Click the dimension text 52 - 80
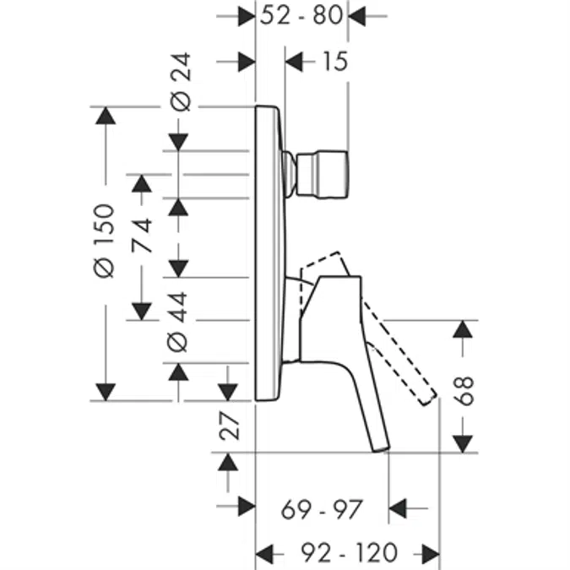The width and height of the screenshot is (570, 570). tap(301, 16)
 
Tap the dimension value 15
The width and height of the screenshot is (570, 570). tap(335, 62)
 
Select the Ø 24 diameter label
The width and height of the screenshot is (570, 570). tap(181, 82)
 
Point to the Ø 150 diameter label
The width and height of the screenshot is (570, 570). tap(105, 241)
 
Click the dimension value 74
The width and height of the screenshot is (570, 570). tap(142, 236)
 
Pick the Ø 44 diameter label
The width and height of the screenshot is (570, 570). tap(177, 322)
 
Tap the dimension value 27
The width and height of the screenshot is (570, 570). tap(229, 426)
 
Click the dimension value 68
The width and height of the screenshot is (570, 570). tap(464, 391)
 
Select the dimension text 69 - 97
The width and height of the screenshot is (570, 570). tap(322, 509)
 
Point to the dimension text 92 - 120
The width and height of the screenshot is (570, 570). tap(349, 552)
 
